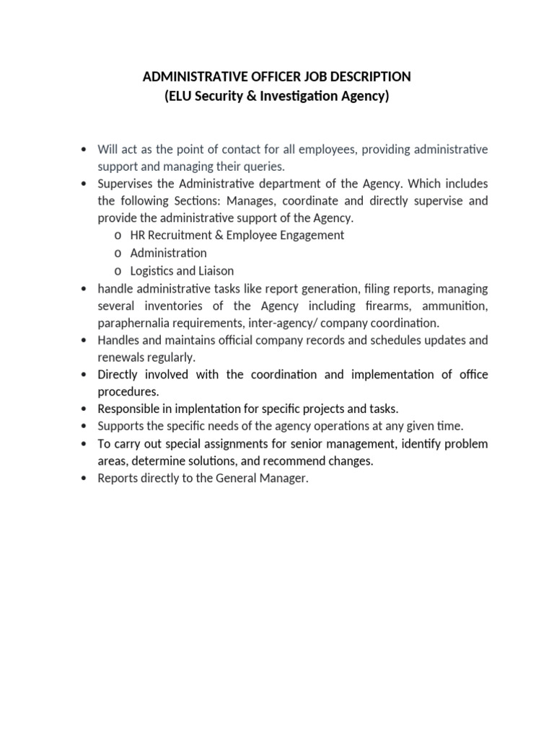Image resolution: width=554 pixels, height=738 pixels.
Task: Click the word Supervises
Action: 126,184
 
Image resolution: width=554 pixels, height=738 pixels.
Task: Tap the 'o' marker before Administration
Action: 118,253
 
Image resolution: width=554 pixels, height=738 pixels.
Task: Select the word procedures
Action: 128,391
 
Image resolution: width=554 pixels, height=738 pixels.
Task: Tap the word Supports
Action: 121,426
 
